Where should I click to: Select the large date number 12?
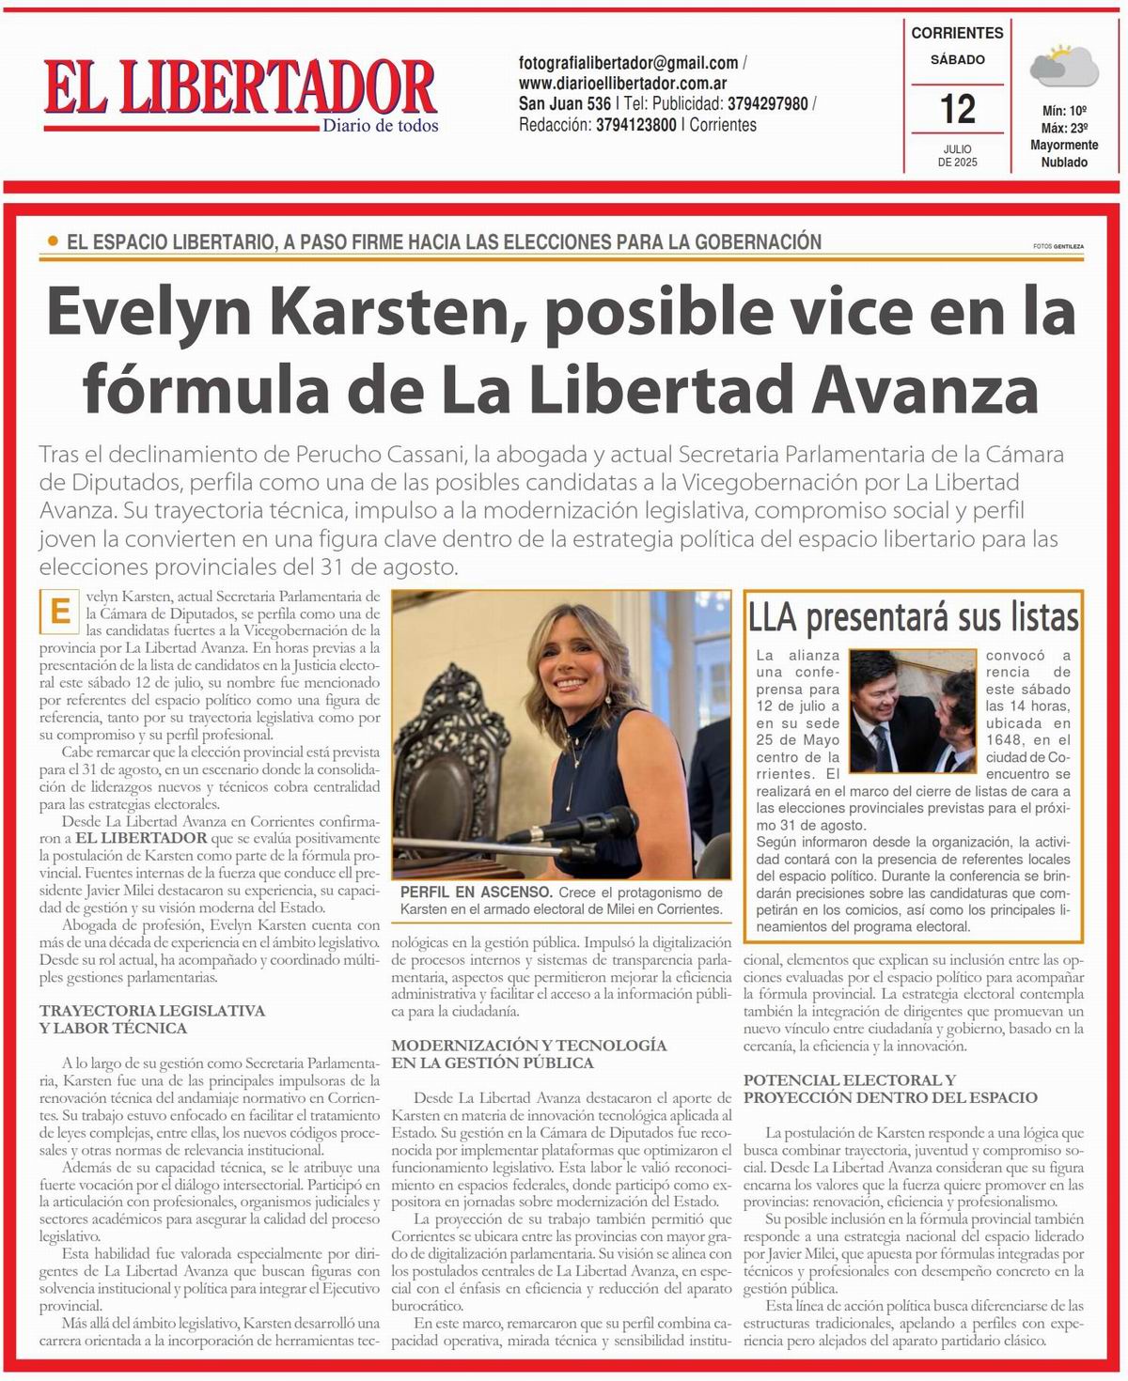tap(957, 109)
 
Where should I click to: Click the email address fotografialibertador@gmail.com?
tap(628, 63)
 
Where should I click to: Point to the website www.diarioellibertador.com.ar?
tap(622, 84)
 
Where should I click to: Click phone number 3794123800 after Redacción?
tap(636, 125)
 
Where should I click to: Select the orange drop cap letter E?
tap(59, 612)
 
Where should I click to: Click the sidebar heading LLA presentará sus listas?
tap(913, 617)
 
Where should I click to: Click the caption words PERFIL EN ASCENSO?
tap(476, 892)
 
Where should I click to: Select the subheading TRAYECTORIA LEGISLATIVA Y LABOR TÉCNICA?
tap(152, 1019)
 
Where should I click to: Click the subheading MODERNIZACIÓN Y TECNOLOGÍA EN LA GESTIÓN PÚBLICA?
tap(529, 1054)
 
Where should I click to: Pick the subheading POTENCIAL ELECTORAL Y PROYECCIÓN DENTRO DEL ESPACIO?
tap(890, 1089)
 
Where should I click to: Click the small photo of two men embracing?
tap(913, 711)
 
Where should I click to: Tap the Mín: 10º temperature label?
tap(1064, 111)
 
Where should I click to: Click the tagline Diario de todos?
tap(380, 126)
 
